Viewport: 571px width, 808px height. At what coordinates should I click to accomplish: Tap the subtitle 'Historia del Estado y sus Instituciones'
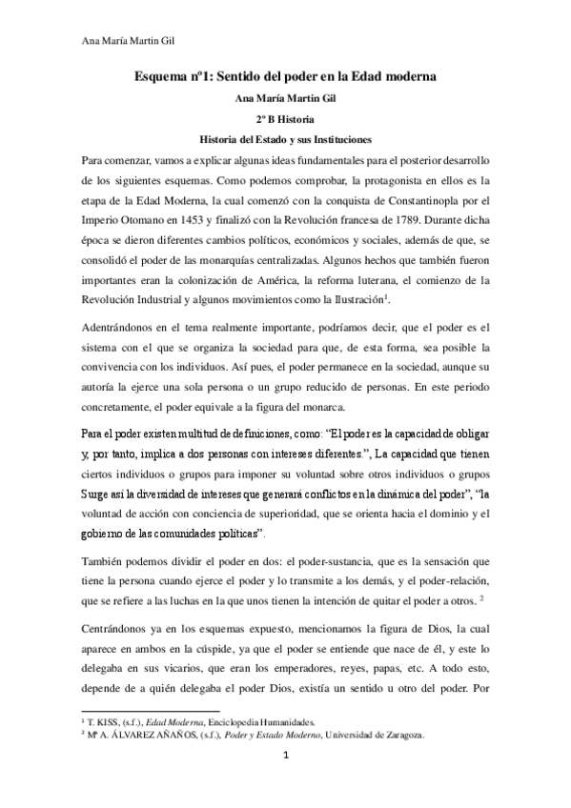point(285,138)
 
